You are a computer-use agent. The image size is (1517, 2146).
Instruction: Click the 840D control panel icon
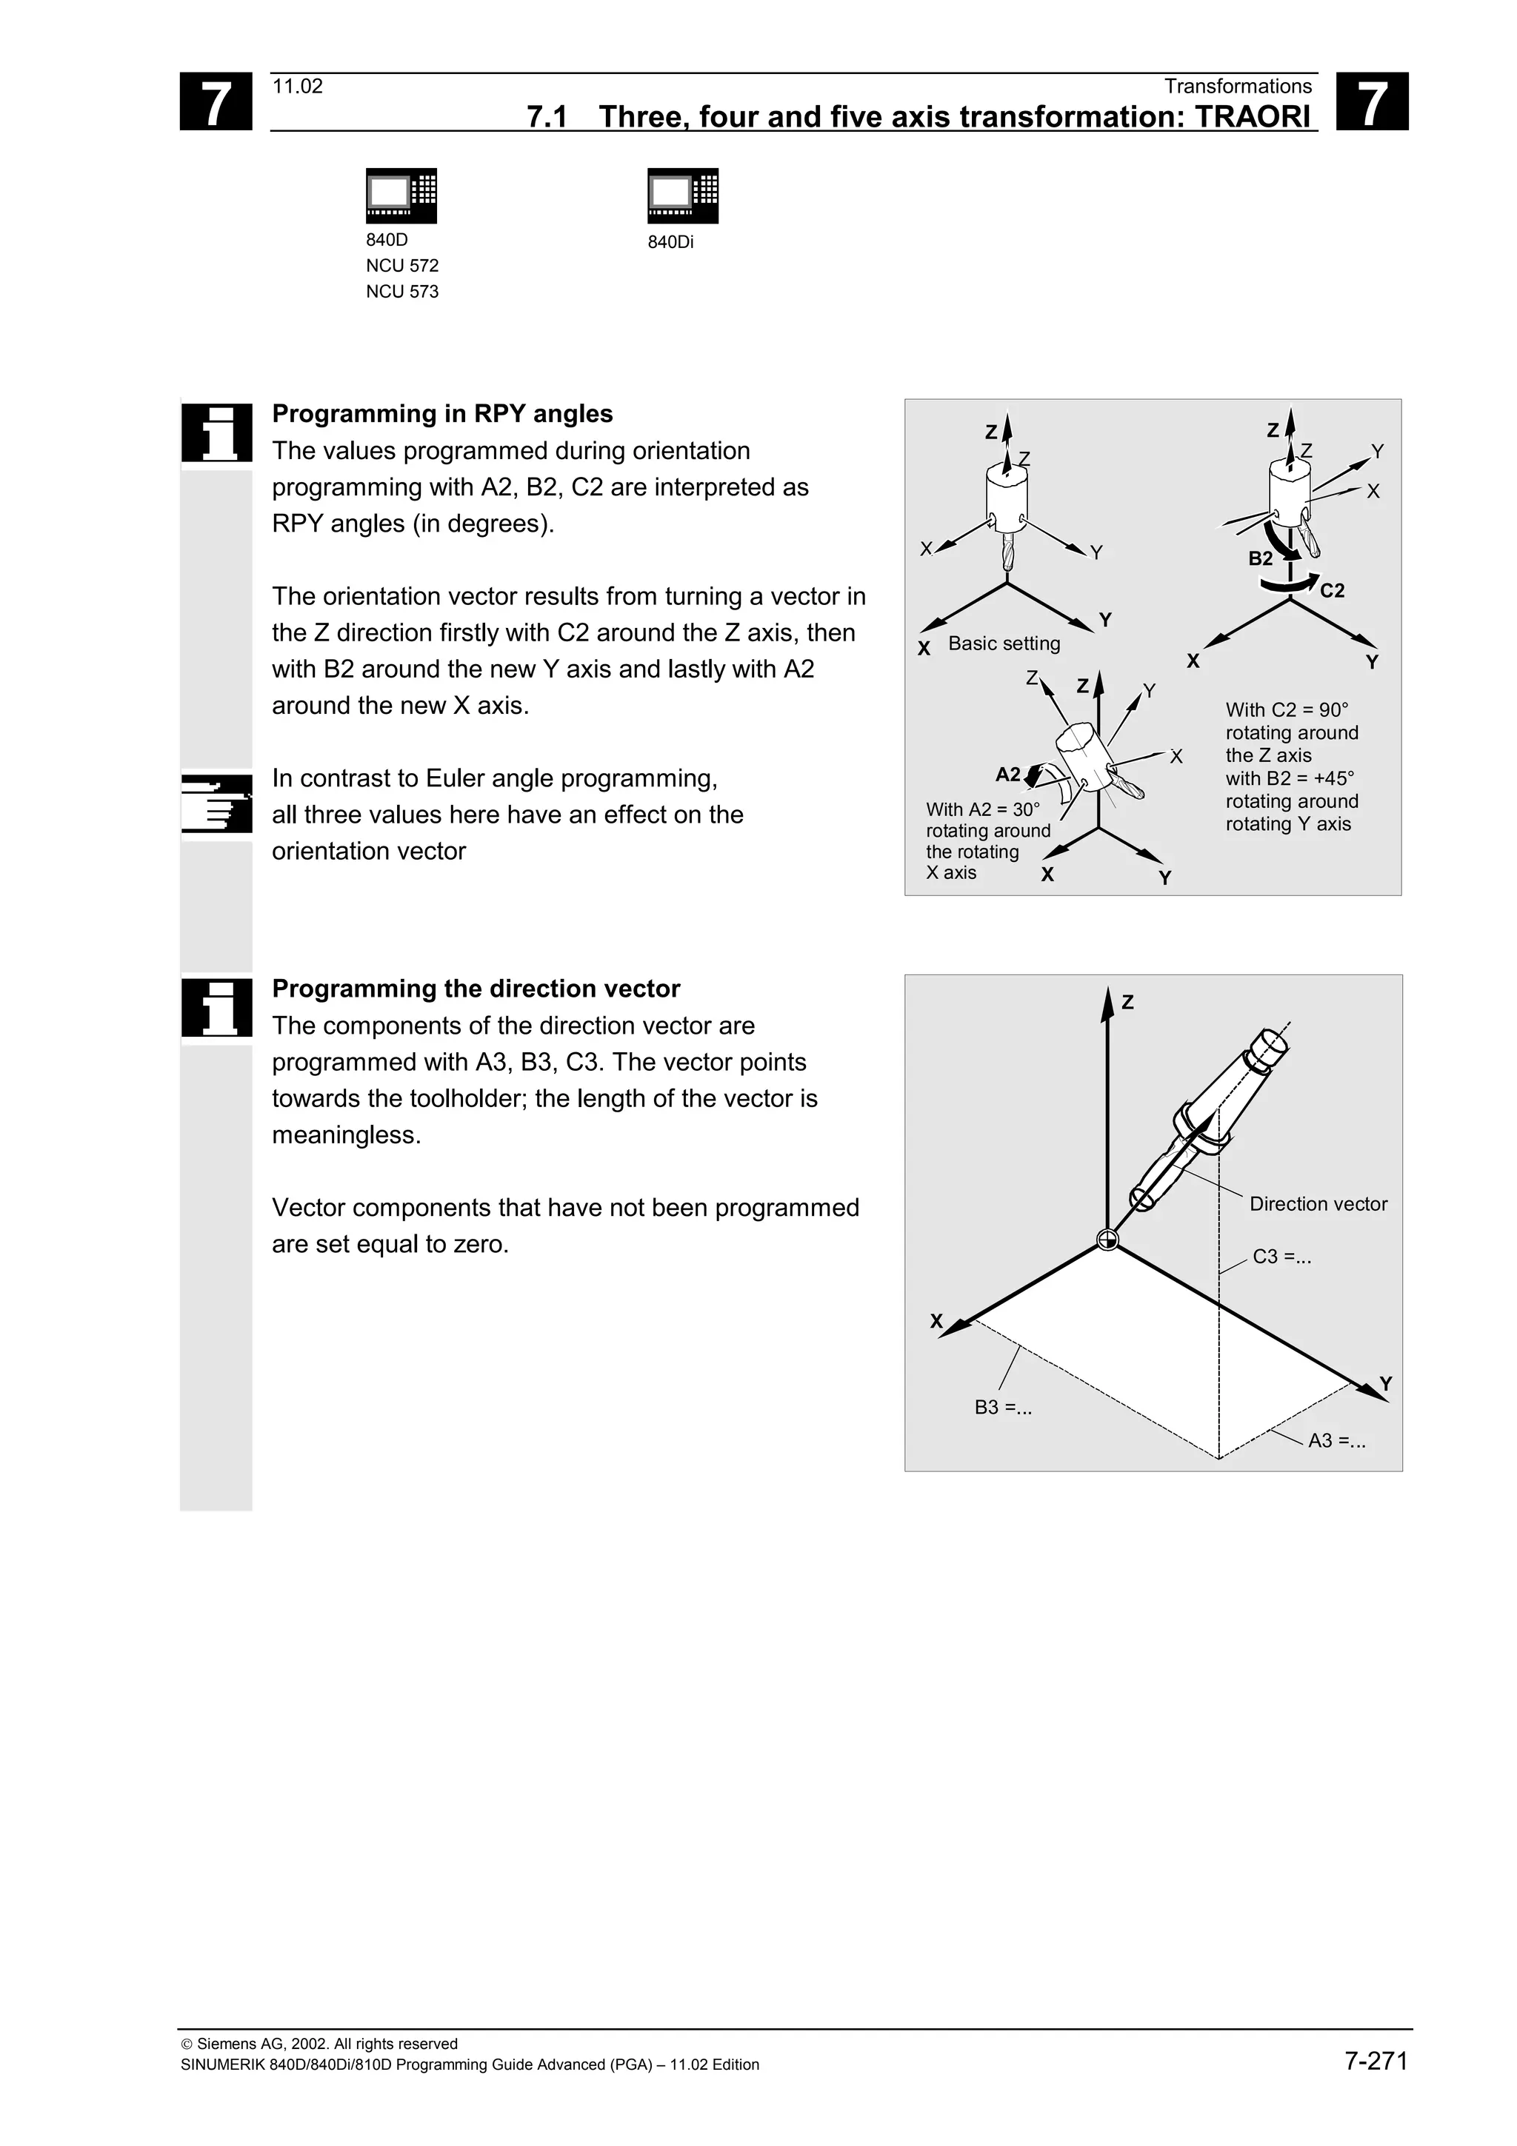[401, 195]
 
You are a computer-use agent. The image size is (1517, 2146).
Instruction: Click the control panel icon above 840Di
[682, 195]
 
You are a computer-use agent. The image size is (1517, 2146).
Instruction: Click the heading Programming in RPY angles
[442, 414]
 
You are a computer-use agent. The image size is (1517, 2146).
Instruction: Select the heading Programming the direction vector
[476, 989]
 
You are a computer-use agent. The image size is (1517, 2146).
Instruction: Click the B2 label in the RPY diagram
[1260, 559]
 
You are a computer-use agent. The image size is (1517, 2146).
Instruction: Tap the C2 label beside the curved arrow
[1332, 591]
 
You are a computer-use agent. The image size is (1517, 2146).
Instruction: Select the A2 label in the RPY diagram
[1007, 774]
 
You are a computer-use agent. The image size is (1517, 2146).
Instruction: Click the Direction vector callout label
[1318, 1204]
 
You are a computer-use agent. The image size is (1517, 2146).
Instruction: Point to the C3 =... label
[1281, 1257]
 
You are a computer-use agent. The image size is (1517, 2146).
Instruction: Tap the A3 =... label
[1336, 1441]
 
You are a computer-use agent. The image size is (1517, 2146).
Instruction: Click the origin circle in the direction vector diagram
[1107, 1240]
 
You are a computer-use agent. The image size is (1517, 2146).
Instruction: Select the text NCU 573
[402, 292]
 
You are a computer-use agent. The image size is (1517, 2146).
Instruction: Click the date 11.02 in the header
[297, 87]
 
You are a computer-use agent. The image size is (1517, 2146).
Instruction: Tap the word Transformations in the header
[1238, 87]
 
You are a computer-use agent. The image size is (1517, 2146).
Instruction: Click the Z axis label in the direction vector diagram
[1127, 1002]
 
